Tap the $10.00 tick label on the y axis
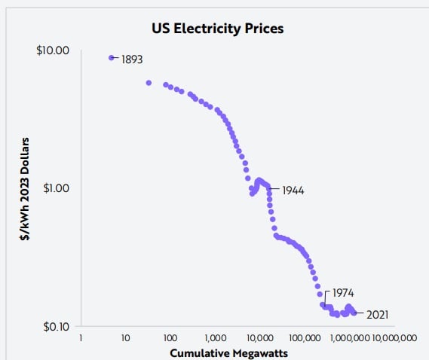coord(54,50)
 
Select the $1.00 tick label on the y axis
coord(56,188)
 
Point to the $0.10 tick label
coord(55,326)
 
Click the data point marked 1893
coord(112,58)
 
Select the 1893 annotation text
coord(132,59)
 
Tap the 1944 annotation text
coord(293,191)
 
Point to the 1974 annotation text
coord(343,292)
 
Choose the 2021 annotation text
coord(377,314)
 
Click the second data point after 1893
coord(166,84)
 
